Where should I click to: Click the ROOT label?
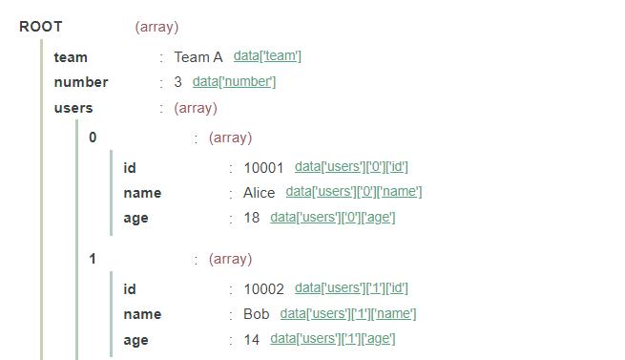[40, 27]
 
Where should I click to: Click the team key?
[71, 57]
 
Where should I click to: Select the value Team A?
[198, 57]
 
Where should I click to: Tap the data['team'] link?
[267, 56]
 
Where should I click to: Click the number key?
[81, 82]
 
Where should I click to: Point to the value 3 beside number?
[177, 82]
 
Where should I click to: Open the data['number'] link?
[234, 81]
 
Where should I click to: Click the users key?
[73, 108]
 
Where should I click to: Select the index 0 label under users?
[93, 138]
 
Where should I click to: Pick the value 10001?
[264, 168]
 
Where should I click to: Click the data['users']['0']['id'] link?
[351, 167]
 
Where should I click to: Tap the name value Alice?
[259, 193]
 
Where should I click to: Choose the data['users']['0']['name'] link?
[354, 192]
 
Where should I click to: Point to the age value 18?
[252, 218]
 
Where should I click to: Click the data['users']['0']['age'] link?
[333, 217]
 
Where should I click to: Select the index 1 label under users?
[93, 259]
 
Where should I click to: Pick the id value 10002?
[264, 289]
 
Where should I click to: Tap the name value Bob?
[257, 314]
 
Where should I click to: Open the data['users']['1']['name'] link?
[348, 313]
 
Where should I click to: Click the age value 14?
[252, 339]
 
